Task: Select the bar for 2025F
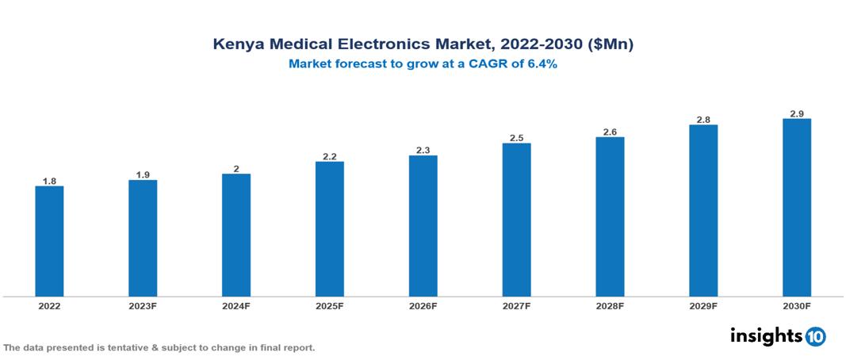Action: [329, 229]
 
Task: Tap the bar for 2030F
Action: [796, 208]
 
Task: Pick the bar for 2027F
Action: [516, 220]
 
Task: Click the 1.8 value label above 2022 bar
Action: [49, 181]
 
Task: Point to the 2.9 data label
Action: [796, 114]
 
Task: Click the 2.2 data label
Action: [329, 157]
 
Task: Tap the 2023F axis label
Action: [143, 305]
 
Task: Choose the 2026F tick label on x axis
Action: [423, 305]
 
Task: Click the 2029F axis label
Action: [703, 305]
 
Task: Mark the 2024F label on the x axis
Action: [236, 305]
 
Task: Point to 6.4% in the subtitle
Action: [541, 64]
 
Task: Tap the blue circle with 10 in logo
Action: [816, 337]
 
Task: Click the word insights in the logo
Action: [766, 336]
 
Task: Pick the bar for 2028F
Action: [610, 216]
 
